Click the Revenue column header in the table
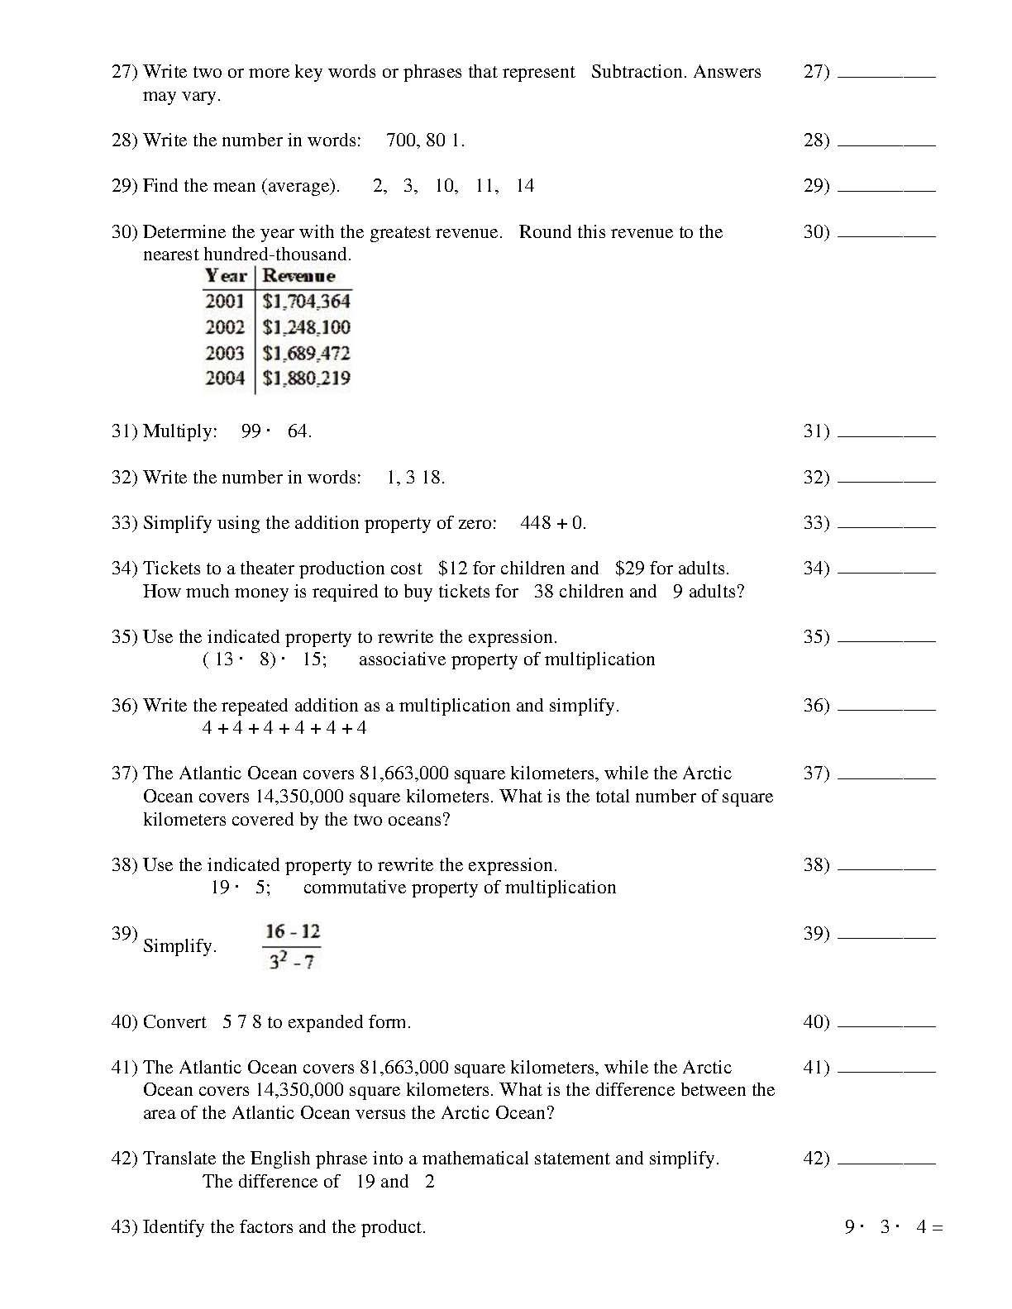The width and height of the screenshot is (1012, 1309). pos(298,276)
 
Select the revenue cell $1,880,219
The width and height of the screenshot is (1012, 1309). pos(306,378)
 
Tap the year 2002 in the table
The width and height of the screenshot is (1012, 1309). pos(225,327)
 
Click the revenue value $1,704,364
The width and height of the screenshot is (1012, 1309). pos(306,302)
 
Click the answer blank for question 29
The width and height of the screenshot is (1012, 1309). pos(885,190)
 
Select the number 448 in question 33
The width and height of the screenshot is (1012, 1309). pos(536,523)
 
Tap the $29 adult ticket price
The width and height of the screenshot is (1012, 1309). pos(630,569)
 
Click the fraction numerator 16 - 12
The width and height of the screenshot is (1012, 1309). pos(293,932)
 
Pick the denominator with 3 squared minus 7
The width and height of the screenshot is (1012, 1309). pos(293,961)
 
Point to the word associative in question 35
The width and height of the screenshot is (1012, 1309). pos(403,659)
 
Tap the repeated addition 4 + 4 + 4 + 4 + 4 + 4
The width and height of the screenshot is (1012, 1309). pos(284,728)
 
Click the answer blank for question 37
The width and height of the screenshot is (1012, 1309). pos(885,778)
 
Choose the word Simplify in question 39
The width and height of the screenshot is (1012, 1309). pos(179,946)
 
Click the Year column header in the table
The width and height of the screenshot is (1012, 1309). pos(226,276)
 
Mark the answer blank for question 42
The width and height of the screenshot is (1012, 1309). pos(885,1163)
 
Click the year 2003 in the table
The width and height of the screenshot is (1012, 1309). pos(225,354)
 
